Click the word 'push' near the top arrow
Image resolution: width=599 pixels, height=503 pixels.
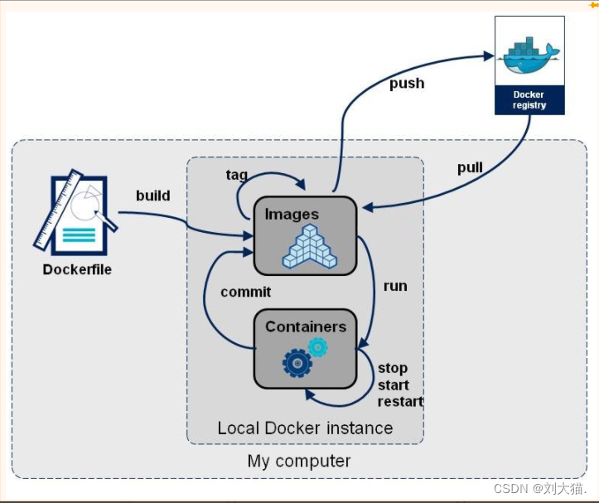pos(407,83)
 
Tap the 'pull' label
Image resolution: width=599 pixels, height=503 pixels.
pos(470,167)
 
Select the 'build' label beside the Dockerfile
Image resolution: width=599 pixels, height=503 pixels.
pos(153,196)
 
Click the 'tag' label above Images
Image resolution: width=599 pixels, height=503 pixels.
pos(237,174)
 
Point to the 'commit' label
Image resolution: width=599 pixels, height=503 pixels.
pos(245,292)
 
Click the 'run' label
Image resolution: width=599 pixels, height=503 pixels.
pos(395,285)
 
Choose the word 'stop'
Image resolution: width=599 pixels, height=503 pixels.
pos(393,368)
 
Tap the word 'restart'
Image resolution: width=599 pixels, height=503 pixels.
pos(400,401)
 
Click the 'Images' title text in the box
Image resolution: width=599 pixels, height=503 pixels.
pos(292,214)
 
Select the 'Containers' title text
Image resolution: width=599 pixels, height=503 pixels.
pos(305,326)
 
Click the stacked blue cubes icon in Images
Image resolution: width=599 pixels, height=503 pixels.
pos(309,248)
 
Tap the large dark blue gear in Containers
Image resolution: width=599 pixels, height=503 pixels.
pos(297,363)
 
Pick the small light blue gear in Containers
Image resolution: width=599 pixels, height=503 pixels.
pos(317,346)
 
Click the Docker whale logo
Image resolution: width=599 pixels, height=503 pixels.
pos(529,56)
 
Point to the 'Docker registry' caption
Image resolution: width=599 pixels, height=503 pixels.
pos(529,100)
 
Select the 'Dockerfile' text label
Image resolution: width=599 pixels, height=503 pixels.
pos(77,269)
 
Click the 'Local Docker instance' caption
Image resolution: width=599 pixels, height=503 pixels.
pos(305,428)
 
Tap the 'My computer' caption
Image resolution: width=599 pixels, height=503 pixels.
pos(299,461)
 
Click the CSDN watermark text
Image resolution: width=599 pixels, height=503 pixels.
pos(539,489)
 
